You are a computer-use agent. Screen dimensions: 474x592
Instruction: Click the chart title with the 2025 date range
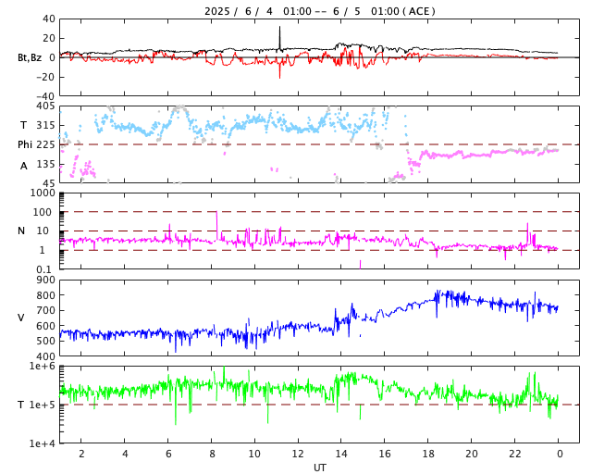[319, 11]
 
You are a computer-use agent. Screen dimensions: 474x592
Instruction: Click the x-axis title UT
[319, 468]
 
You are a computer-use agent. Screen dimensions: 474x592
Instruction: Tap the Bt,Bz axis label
[29, 57]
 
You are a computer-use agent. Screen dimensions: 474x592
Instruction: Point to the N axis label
[21, 231]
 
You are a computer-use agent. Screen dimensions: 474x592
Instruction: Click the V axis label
[21, 318]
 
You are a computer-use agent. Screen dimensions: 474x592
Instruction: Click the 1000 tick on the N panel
[43, 193]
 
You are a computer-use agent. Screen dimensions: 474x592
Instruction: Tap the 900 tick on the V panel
[44, 281]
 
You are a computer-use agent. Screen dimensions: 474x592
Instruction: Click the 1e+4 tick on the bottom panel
[42, 443]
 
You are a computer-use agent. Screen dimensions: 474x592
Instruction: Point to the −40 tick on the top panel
[43, 95]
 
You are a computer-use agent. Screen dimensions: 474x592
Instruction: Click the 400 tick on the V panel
[44, 356]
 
